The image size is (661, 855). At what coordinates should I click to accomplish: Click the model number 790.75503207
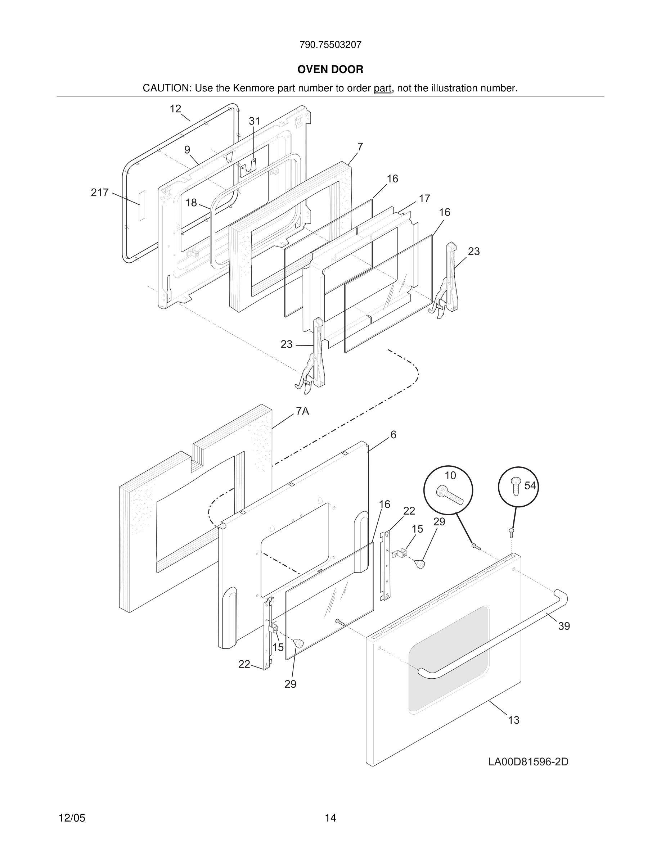click(x=330, y=45)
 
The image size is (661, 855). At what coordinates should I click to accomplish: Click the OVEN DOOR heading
click(x=330, y=69)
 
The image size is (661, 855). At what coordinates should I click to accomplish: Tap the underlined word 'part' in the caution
click(x=382, y=88)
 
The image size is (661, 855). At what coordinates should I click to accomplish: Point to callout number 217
click(x=99, y=193)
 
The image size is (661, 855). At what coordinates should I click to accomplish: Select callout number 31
click(x=255, y=121)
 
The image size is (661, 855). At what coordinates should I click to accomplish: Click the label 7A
click(x=302, y=411)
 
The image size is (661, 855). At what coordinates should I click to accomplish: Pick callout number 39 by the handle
click(x=564, y=626)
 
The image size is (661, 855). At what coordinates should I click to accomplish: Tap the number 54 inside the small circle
click(x=530, y=486)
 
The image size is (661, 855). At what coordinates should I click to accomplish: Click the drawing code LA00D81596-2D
click(x=528, y=762)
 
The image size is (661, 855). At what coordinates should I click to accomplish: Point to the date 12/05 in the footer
click(x=72, y=818)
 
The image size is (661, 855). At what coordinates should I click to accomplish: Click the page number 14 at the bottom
click(x=330, y=818)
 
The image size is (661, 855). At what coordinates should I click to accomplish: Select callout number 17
click(x=424, y=199)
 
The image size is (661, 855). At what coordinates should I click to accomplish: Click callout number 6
click(x=393, y=435)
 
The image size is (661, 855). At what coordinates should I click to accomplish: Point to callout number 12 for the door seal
click(x=175, y=109)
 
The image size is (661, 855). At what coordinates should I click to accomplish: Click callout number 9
click(x=187, y=150)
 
